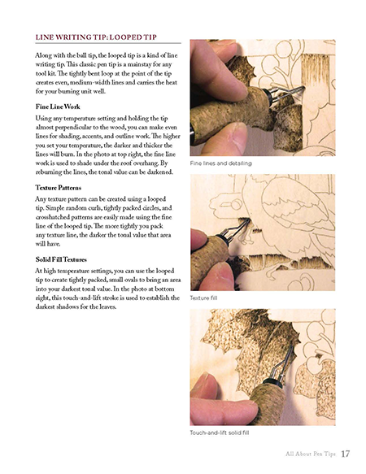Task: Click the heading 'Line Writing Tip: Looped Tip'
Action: tap(96, 37)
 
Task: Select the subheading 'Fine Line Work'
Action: tap(58, 107)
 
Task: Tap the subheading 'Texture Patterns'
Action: tap(59, 188)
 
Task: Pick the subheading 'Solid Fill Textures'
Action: tap(61, 259)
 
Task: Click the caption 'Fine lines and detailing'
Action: tap(220, 163)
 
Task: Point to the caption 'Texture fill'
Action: tap(203, 298)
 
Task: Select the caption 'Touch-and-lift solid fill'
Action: tap(220, 433)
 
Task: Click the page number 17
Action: tap(345, 454)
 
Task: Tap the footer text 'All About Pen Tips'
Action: tap(311, 454)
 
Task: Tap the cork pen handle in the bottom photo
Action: tap(268, 403)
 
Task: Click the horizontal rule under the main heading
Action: tap(108, 43)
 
